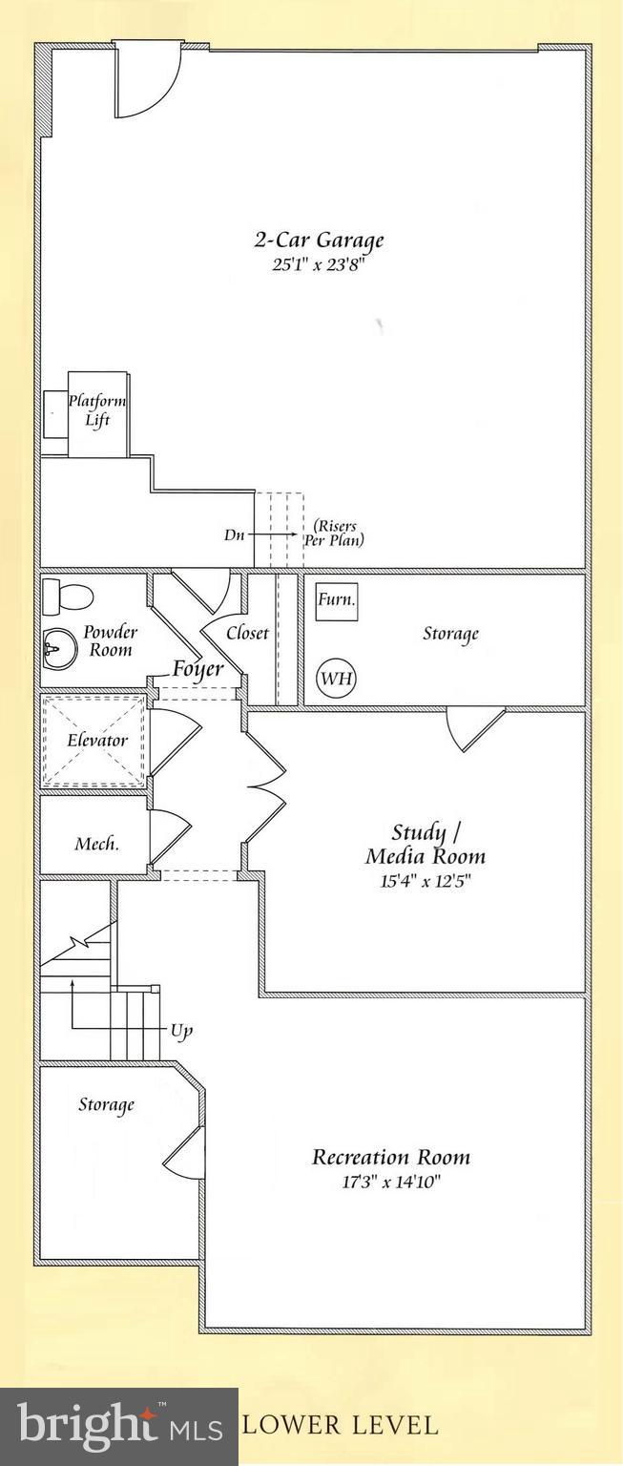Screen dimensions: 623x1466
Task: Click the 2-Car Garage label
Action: pyautogui.click(x=319, y=241)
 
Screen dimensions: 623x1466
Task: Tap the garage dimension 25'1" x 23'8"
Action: pyautogui.click(x=318, y=265)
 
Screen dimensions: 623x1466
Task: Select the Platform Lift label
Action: pyautogui.click(x=97, y=410)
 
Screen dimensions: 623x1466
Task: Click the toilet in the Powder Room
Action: pyautogui.click(x=68, y=597)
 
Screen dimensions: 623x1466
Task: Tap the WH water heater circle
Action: pyautogui.click(x=337, y=678)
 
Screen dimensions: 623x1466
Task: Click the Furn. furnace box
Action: pyautogui.click(x=337, y=601)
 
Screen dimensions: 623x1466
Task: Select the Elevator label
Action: pyautogui.click(x=97, y=741)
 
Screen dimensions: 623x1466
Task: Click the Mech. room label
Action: pyautogui.click(x=97, y=844)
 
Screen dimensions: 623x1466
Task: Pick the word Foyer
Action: pyautogui.click(x=197, y=669)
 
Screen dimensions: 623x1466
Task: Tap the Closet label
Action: pyautogui.click(x=247, y=634)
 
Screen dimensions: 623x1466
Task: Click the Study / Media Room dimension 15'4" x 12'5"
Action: pyautogui.click(x=426, y=881)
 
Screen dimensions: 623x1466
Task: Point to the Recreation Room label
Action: pyautogui.click(x=390, y=1157)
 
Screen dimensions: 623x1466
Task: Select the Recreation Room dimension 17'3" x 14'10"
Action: pyautogui.click(x=390, y=1182)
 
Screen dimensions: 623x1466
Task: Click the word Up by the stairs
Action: pyautogui.click(x=181, y=1032)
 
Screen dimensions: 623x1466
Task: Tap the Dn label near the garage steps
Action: pyautogui.click(x=235, y=534)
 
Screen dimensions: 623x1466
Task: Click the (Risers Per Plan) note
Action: pyautogui.click(x=334, y=534)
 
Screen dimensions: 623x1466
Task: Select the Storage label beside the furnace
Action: pyautogui.click(x=450, y=634)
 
